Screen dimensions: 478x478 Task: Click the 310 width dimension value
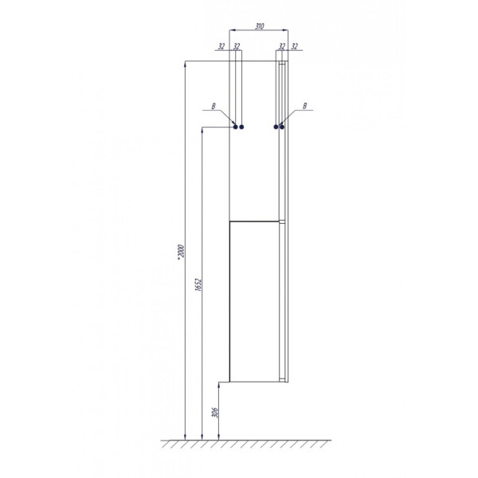click(x=260, y=26)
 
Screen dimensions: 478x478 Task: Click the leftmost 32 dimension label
click(x=221, y=46)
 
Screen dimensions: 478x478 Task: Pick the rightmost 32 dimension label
click(x=294, y=46)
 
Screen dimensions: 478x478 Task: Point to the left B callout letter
click(x=213, y=105)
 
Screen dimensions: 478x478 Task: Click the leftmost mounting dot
click(x=235, y=126)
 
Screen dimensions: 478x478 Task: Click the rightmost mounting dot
click(x=282, y=126)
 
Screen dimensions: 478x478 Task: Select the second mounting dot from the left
click(x=241, y=126)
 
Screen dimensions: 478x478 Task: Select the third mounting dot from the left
click(x=276, y=126)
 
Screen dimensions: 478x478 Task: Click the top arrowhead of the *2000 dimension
click(x=185, y=65)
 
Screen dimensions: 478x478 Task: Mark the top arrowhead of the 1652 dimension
click(x=202, y=130)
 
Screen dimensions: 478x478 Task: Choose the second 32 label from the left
click(x=237, y=46)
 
